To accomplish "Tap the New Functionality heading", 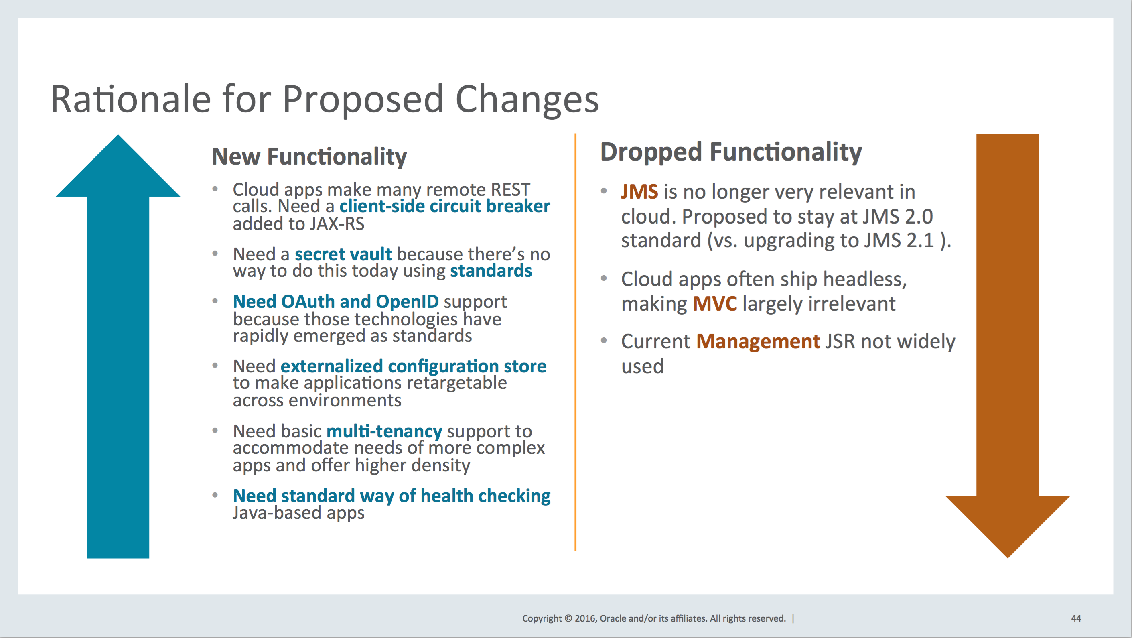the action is (309, 157).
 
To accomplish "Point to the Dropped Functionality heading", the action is (731, 152).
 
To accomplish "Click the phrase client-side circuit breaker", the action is (445, 206).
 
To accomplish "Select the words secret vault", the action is (343, 254).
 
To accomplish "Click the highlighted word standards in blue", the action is (491, 271).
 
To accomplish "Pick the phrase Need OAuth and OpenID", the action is (336, 302).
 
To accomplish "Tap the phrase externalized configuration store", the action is (413, 366).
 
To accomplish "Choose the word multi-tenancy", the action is (384, 431).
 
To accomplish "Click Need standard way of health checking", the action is (392, 496).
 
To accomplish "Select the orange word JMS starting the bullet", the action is (639, 192).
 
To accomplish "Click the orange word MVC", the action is (714, 304).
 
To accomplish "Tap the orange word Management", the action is (758, 341).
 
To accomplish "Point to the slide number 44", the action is (1076, 618).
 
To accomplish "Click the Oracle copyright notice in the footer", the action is (654, 618).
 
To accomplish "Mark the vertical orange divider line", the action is (575, 342).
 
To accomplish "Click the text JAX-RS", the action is (337, 224).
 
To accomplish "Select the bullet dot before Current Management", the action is (604, 340).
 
